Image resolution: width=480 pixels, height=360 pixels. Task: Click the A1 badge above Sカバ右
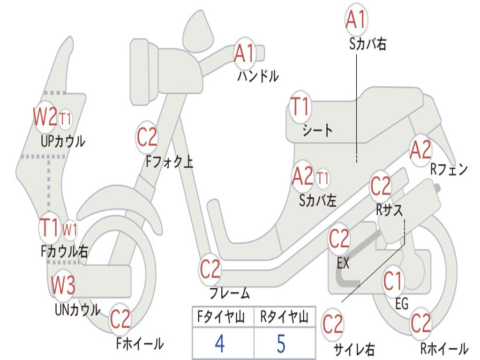[356, 19]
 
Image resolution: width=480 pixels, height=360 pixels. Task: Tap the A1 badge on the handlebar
[245, 52]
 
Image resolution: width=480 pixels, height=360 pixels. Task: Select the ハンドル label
[258, 76]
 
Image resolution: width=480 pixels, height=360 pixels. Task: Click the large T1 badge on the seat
[300, 106]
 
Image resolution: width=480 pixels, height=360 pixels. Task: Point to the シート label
[317, 130]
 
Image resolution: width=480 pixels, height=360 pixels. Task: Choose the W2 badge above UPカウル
[45, 117]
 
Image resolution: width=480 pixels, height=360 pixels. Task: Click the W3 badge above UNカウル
[63, 285]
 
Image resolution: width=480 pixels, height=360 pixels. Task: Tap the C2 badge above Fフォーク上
[147, 137]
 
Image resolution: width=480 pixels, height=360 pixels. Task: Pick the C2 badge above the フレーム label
[210, 269]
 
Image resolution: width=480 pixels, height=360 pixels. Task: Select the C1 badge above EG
[393, 281]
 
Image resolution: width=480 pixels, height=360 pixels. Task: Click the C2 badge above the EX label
[339, 239]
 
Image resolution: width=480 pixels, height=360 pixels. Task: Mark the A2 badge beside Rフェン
[421, 150]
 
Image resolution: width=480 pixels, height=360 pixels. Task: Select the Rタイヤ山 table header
[285, 316]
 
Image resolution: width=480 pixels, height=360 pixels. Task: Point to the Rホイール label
[444, 348]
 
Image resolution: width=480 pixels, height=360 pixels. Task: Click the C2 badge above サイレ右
[333, 324]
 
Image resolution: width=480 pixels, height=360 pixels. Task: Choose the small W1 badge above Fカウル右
[70, 230]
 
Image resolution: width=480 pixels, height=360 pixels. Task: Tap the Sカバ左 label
[318, 200]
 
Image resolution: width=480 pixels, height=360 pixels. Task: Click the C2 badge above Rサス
[381, 186]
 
